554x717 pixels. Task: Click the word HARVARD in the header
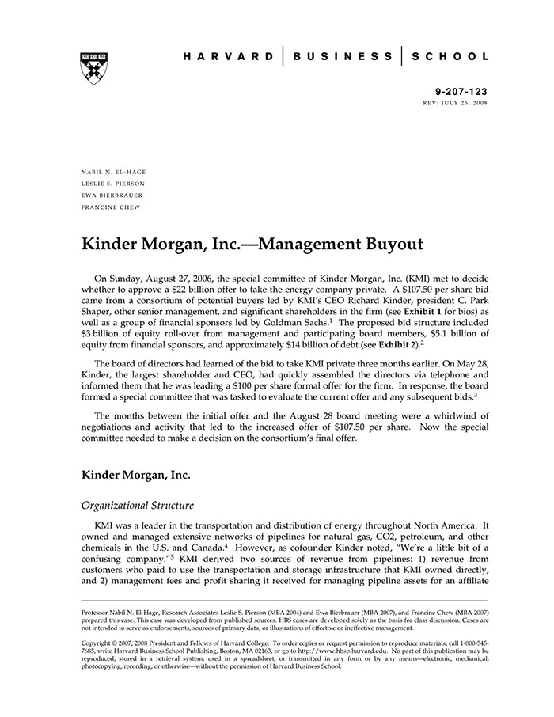(229, 57)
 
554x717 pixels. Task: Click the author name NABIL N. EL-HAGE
(113, 172)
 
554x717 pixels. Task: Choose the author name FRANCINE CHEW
(110, 207)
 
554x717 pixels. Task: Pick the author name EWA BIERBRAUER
(113, 195)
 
